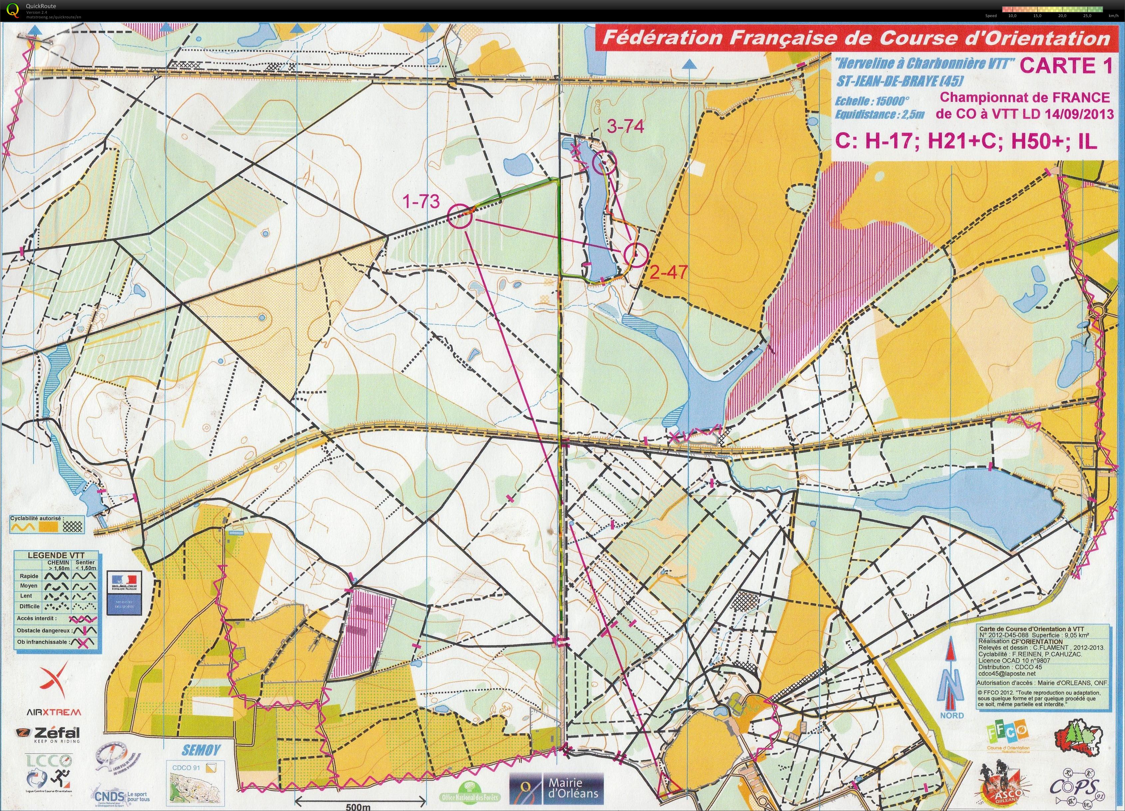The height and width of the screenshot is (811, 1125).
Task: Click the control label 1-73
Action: point(421,201)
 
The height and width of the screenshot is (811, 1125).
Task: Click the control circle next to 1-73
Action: point(459,217)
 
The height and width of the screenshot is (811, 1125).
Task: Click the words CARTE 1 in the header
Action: point(1064,66)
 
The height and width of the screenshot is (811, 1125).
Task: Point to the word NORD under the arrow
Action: point(952,715)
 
